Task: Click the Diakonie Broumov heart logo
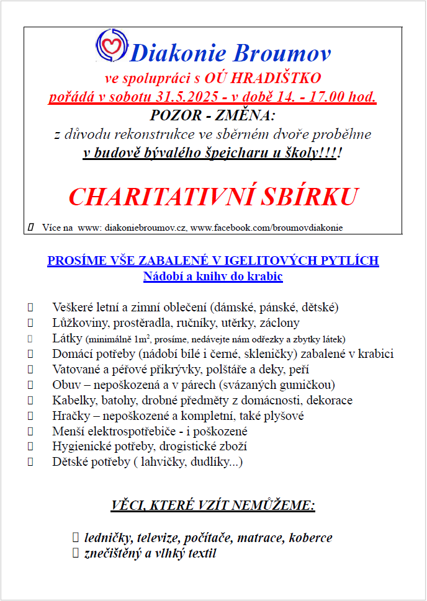[112, 46]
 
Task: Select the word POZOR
[175, 115]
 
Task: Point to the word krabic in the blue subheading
[267, 277]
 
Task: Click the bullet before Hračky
[30, 416]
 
